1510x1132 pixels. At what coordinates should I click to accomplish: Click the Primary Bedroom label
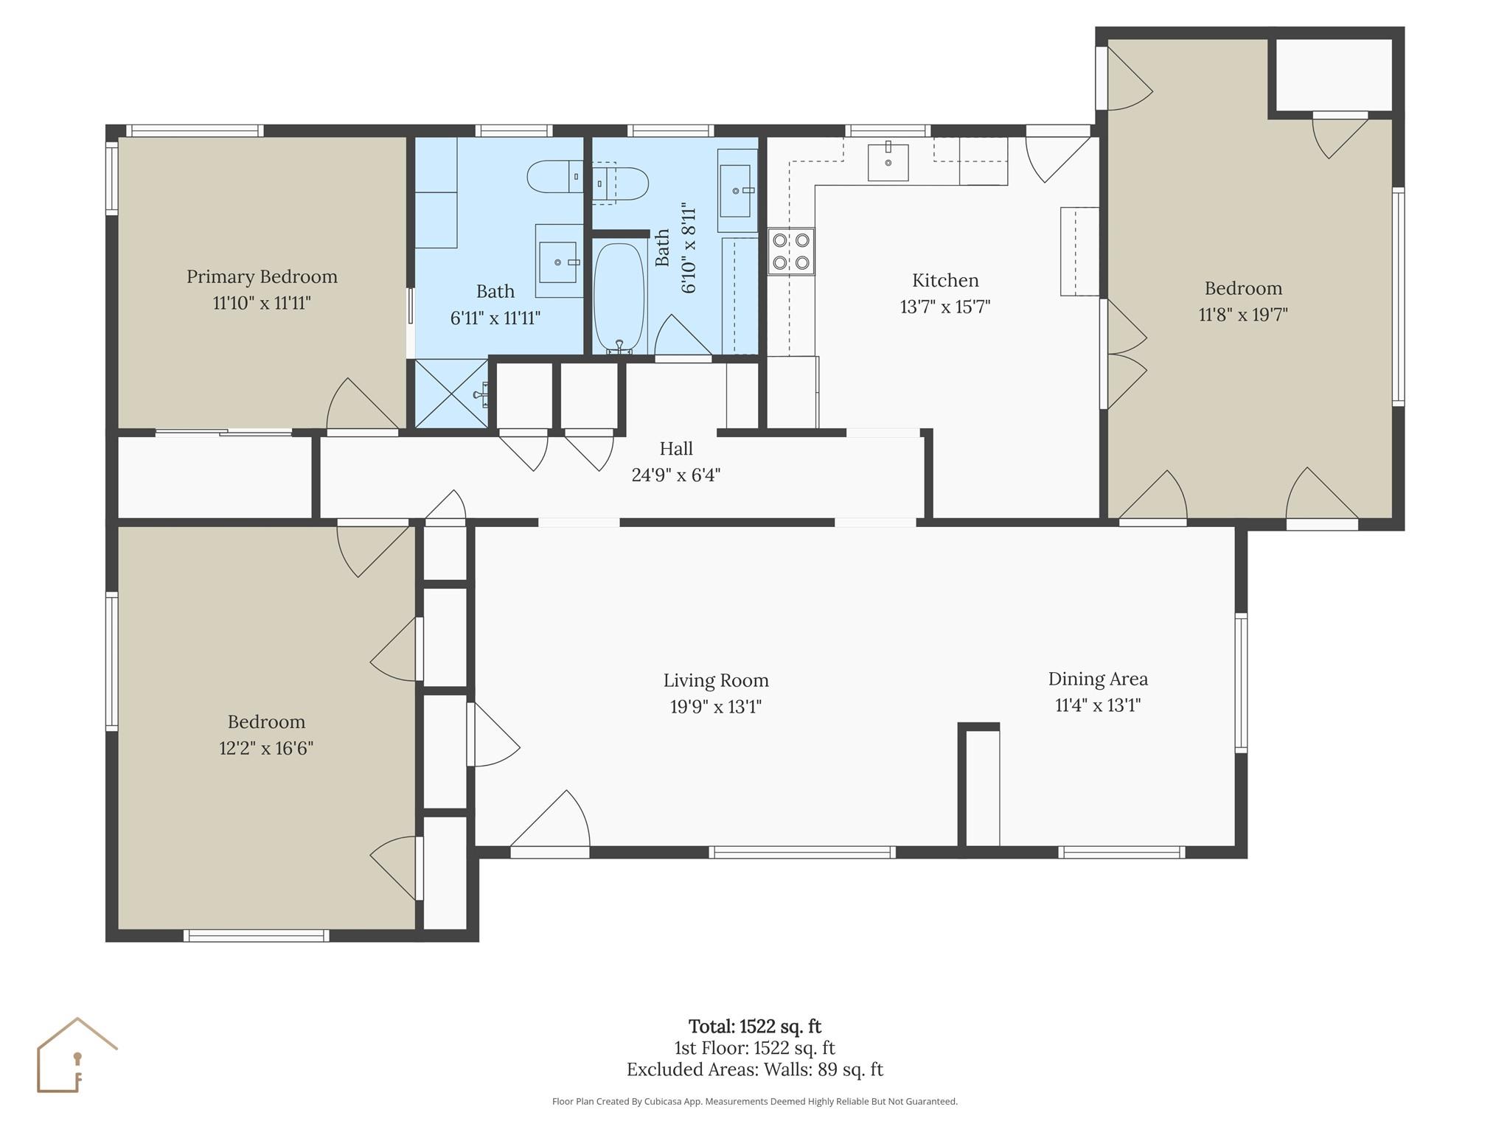tap(262, 276)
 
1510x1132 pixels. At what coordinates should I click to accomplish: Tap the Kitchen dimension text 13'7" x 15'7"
tap(944, 307)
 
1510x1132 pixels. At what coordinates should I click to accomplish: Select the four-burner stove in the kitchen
tap(791, 251)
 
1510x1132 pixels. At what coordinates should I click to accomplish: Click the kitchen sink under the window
tap(888, 162)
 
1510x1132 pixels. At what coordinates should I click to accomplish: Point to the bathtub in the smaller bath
tap(619, 297)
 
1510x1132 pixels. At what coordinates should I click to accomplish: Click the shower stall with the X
tap(450, 393)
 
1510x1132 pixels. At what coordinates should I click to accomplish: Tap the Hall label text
tap(675, 448)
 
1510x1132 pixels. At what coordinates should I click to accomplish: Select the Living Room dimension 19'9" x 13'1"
tap(715, 707)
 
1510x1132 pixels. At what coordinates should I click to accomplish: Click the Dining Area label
tap(1098, 679)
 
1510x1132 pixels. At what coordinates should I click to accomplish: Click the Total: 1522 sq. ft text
tap(754, 1026)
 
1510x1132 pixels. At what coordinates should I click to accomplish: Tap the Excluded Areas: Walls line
tap(754, 1069)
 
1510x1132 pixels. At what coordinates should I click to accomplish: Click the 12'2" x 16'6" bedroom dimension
tap(266, 748)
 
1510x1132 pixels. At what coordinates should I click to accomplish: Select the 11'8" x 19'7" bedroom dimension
tap(1243, 315)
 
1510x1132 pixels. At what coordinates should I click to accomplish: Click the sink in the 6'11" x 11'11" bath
tap(557, 262)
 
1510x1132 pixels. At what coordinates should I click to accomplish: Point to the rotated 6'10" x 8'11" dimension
tap(688, 248)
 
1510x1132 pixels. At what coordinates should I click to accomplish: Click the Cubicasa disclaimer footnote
tap(754, 1101)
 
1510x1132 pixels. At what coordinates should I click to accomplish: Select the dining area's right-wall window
tap(1241, 682)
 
